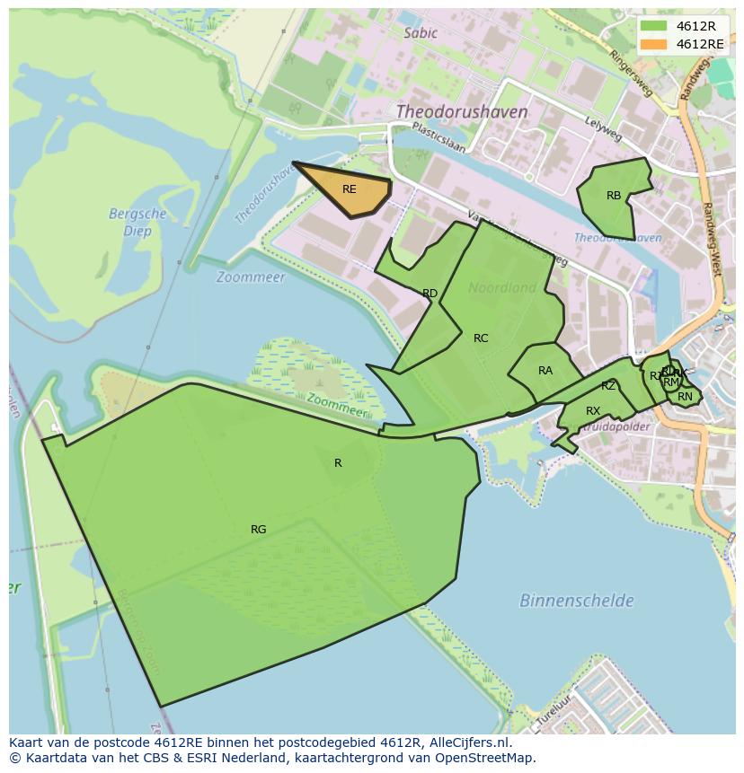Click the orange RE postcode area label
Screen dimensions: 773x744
coord(350,189)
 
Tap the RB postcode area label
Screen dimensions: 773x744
coord(614,196)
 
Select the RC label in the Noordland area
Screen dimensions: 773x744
coord(481,338)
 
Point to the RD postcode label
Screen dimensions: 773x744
coord(430,294)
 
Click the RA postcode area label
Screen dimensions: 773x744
coord(545,371)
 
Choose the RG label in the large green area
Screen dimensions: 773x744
coord(259,530)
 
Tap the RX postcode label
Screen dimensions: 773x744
coord(593,411)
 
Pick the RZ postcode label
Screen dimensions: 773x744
coord(608,386)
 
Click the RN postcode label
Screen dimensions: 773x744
coord(686,397)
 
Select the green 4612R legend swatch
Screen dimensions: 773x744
coord(654,25)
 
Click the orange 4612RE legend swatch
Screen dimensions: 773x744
coord(654,44)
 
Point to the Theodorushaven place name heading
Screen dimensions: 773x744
coord(462,112)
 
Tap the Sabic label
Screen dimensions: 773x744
coord(421,33)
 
